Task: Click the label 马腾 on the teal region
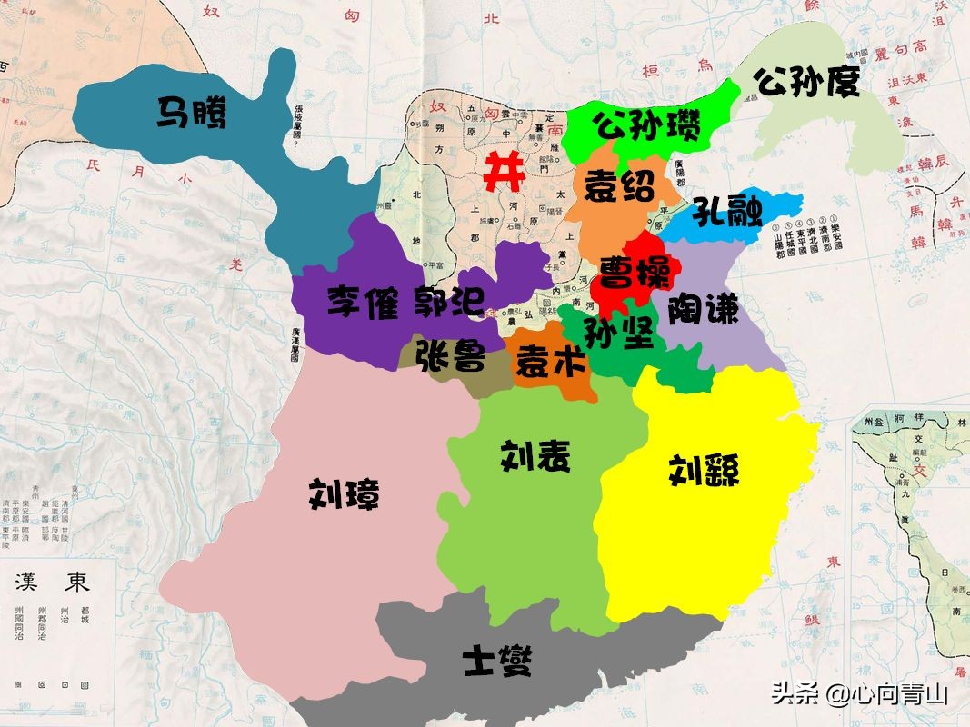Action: pos(191,114)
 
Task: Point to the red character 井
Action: pos(503,171)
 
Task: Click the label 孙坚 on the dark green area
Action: pos(618,334)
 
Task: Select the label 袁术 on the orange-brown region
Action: pos(549,363)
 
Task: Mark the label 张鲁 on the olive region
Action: pos(450,355)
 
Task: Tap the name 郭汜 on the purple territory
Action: pos(449,302)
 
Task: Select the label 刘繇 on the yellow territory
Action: pos(704,470)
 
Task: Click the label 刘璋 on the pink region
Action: pos(344,494)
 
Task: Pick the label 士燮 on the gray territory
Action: pos(495,661)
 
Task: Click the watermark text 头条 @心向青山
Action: pos(860,695)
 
